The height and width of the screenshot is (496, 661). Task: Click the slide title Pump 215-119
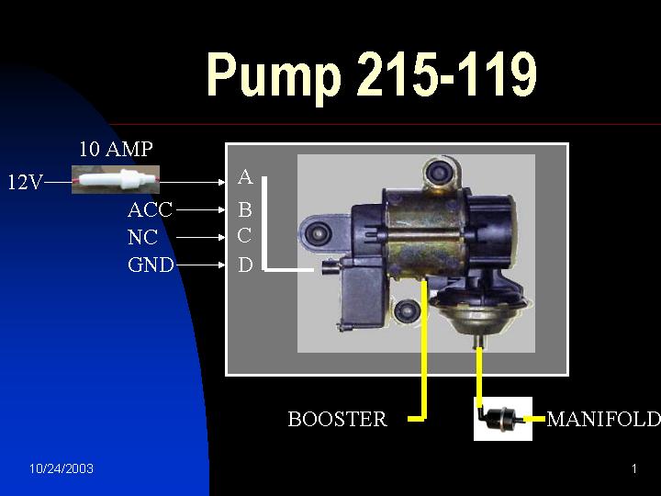tap(372, 74)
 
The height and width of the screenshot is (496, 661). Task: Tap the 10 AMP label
tap(116, 149)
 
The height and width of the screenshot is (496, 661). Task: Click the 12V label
tap(26, 182)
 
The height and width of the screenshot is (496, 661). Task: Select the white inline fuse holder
tap(116, 180)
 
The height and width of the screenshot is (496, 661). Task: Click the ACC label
tap(150, 209)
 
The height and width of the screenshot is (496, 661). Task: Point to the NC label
tap(142, 237)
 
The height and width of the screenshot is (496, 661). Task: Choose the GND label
tap(151, 265)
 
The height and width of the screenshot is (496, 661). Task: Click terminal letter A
tap(245, 177)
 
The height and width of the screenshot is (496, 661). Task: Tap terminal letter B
tap(245, 209)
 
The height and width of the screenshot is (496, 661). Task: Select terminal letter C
tap(244, 236)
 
